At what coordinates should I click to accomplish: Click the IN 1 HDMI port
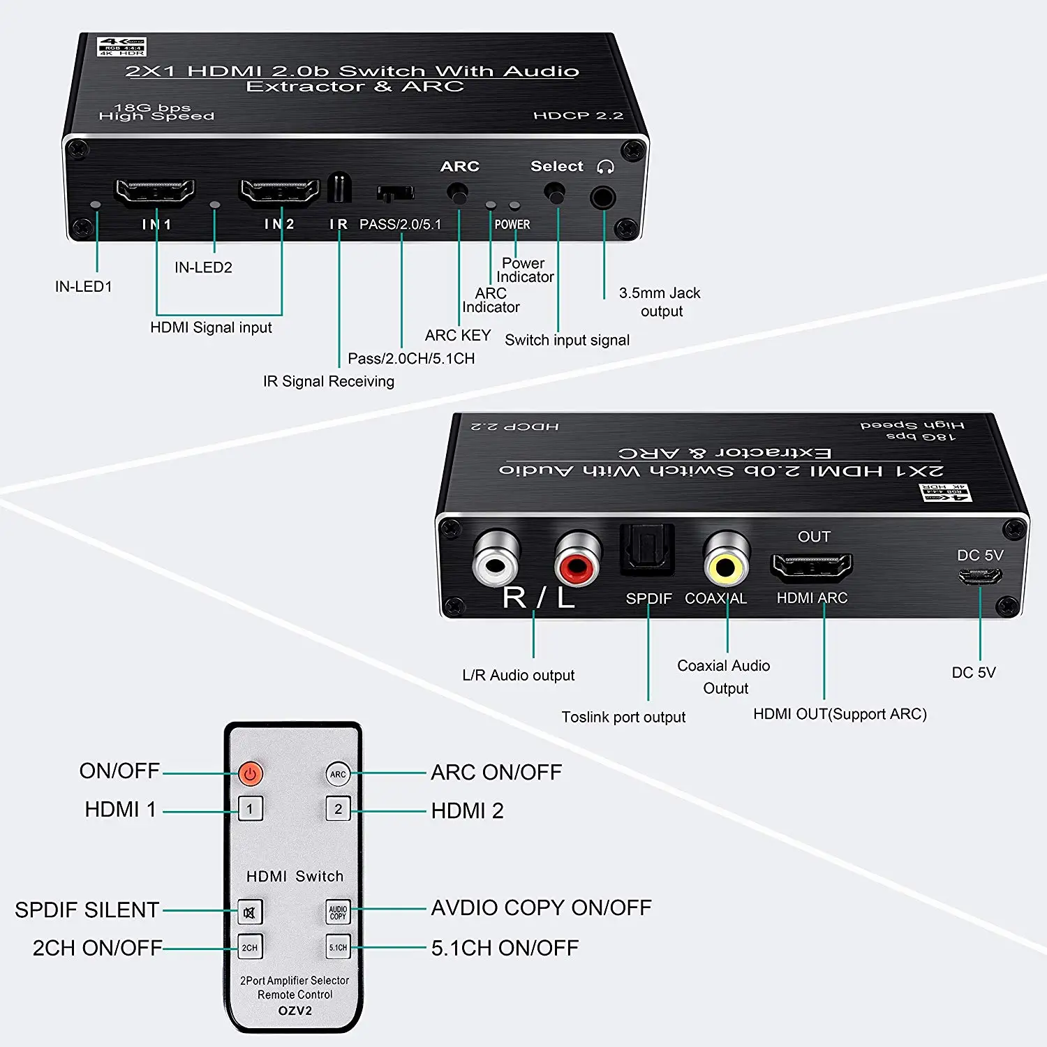click(x=155, y=192)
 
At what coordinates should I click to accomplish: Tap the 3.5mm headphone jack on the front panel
click(x=603, y=198)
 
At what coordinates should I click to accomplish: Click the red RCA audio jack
click(x=577, y=560)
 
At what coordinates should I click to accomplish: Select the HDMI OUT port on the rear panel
click(x=811, y=567)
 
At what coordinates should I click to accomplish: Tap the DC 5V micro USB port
click(x=979, y=577)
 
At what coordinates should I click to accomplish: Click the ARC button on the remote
click(x=338, y=774)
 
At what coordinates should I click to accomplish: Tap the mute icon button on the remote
click(x=250, y=912)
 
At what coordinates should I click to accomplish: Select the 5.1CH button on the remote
click(x=338, y=947)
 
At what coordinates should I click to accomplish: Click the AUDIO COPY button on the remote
click(x=338, y=912)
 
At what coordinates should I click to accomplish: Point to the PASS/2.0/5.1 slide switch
click(x=395, y=193)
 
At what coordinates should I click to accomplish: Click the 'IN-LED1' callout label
click(x=84, y=286)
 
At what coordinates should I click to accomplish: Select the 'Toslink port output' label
click(x=623, y=717)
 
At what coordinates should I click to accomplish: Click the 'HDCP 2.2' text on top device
click(x=578, y=115)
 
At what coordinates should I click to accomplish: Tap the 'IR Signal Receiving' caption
click(x=328, y=381)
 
